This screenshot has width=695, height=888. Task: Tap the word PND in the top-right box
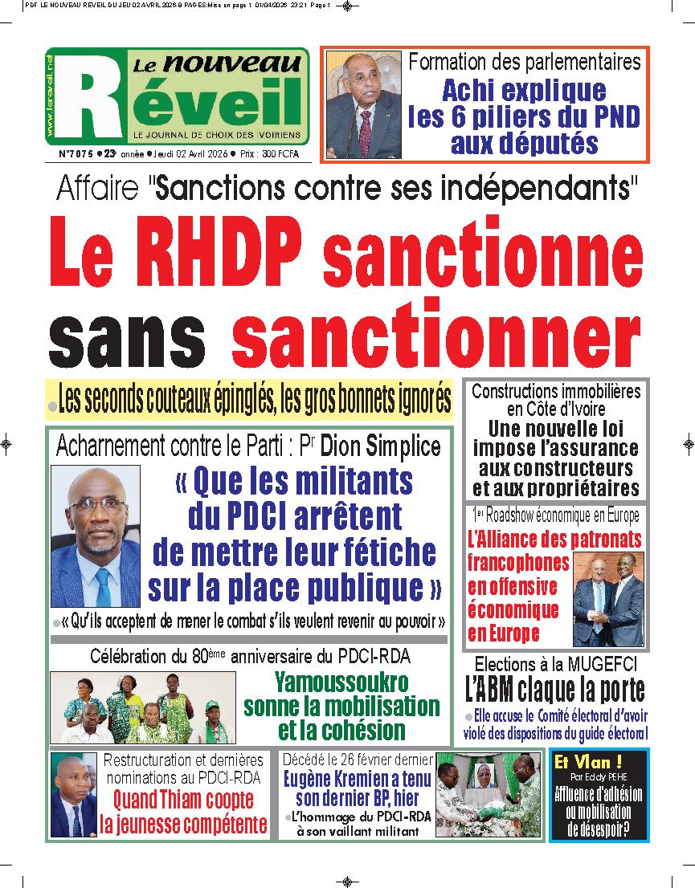pyautogui.click(x=612, y=117)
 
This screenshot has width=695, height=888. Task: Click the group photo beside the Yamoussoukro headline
pyautogui.click(x=143, y=707)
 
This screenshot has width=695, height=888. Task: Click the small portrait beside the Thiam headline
pyautogui.click(x=72, y=794)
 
